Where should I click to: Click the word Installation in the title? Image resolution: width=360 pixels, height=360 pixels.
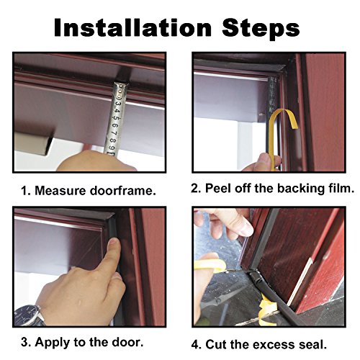tap(132, 27)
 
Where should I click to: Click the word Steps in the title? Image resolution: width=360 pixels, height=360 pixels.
tap(261, 28)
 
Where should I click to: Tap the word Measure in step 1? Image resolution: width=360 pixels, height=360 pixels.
tap(60, 191)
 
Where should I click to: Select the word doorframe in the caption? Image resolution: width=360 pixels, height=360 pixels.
tap(122, 191)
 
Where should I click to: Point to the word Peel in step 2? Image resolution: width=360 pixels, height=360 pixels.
tap(218, 188)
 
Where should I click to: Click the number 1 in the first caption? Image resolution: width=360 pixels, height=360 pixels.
tap(24, 191)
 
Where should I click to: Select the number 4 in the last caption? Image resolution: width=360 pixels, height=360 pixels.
tap(195, 345)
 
